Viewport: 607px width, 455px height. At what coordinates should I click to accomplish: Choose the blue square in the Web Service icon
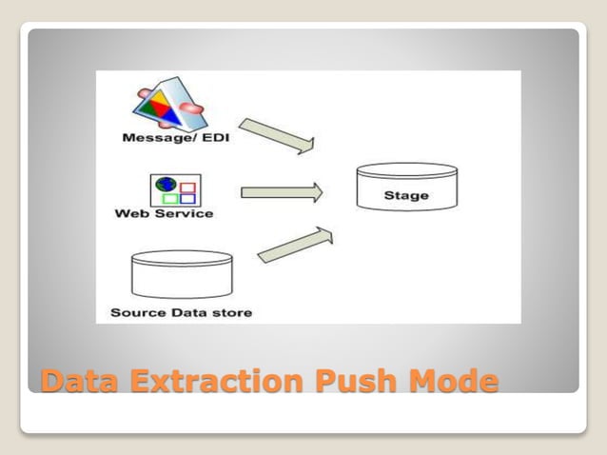tap(187, 198)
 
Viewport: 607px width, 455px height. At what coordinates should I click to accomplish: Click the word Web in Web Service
tap(130, 214)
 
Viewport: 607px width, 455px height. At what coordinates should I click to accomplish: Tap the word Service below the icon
tap(178, 214)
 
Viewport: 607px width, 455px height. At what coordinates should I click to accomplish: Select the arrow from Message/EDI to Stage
tap(276, 135)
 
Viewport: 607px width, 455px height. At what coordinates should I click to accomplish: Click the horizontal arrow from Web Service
tap(282, 192)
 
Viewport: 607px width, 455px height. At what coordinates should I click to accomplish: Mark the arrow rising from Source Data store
tap(296, 244)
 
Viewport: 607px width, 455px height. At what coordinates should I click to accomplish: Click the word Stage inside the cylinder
tap(405, 196)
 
